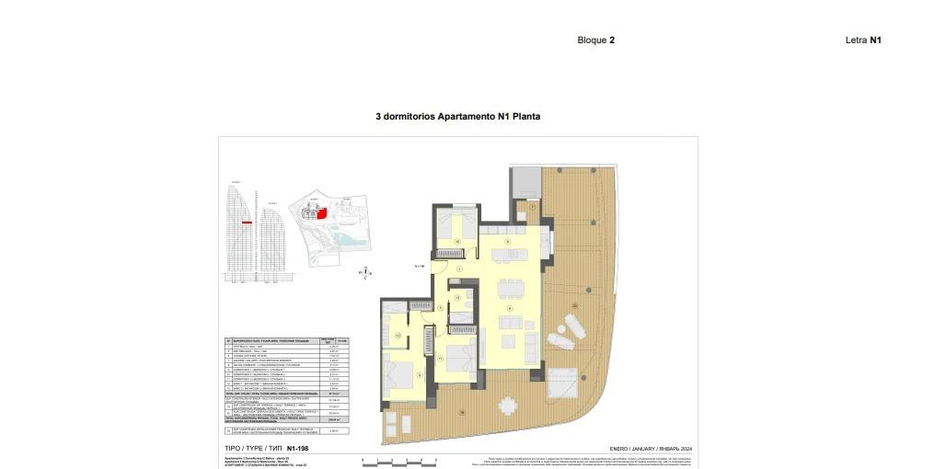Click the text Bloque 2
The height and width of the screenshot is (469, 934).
[595, 40]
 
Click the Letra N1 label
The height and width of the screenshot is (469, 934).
[863, 40]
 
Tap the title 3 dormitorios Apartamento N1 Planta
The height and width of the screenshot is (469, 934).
[457, 117]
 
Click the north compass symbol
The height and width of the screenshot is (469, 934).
[365, 271]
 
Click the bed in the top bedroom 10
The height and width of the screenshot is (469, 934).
[455, 223]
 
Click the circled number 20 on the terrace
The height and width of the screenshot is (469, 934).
[575, 304]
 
